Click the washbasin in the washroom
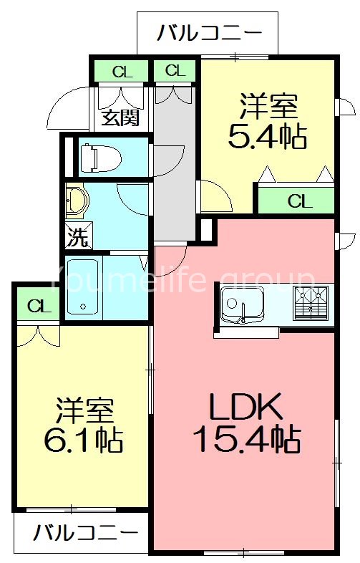tap(76, 201)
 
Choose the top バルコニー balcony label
tap(207, 34)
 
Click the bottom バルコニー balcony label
tap(85, 534)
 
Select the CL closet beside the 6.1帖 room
tap(39, 307)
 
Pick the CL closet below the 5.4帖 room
tap(300, 201)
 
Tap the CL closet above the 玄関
tap(122, 71)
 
